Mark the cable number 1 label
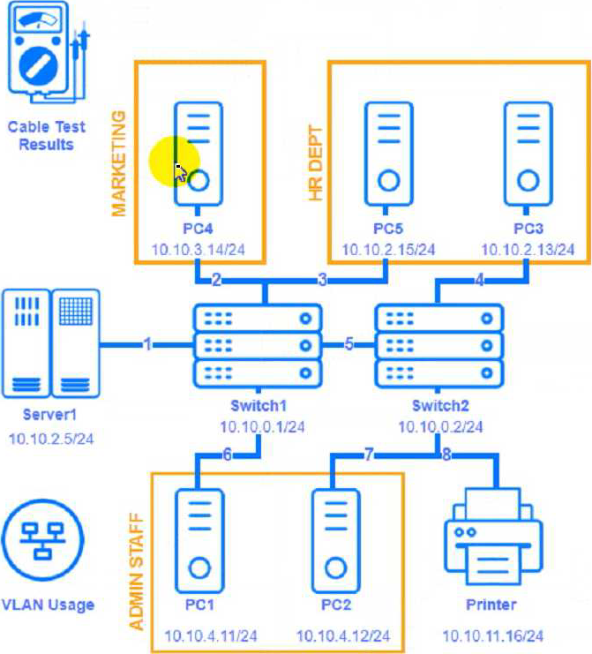(148, 344)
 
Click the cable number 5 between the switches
(348, 344)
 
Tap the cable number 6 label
(227, 456)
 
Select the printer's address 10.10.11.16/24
(492, 635)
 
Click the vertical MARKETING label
(119, 163)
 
